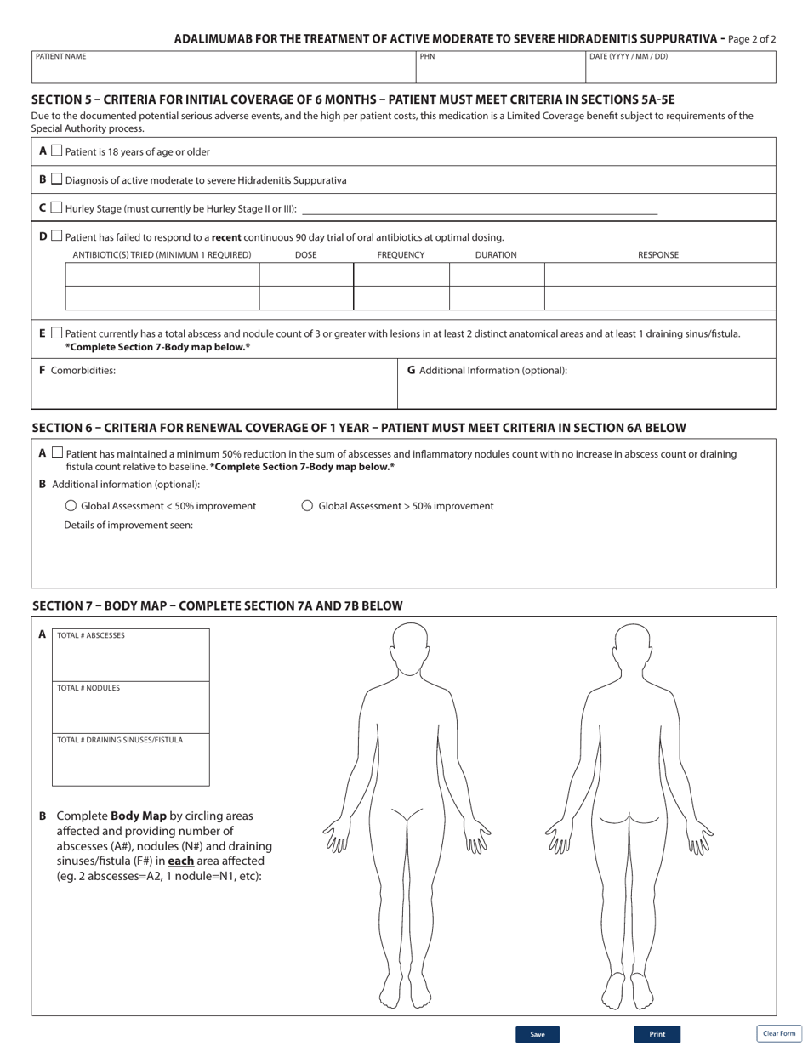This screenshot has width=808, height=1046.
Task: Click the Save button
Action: (537, 1034)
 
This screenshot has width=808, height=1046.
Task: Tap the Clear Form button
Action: (779, 1033)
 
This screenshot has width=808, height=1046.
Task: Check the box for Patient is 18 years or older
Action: (56, 151)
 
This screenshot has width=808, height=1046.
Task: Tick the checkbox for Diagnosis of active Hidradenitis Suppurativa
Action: (56, 179)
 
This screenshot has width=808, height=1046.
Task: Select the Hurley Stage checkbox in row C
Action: (56, 207)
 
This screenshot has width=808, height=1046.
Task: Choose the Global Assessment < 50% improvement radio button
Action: (71, 506)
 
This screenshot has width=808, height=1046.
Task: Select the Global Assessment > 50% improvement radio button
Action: (308, 506)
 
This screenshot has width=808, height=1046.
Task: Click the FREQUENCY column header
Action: (401, 255)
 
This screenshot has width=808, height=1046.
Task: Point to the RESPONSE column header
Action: (658, 255)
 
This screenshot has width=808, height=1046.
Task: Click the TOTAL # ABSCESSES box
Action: (131, 660)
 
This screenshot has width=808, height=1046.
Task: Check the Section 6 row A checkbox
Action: (57, 453)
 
